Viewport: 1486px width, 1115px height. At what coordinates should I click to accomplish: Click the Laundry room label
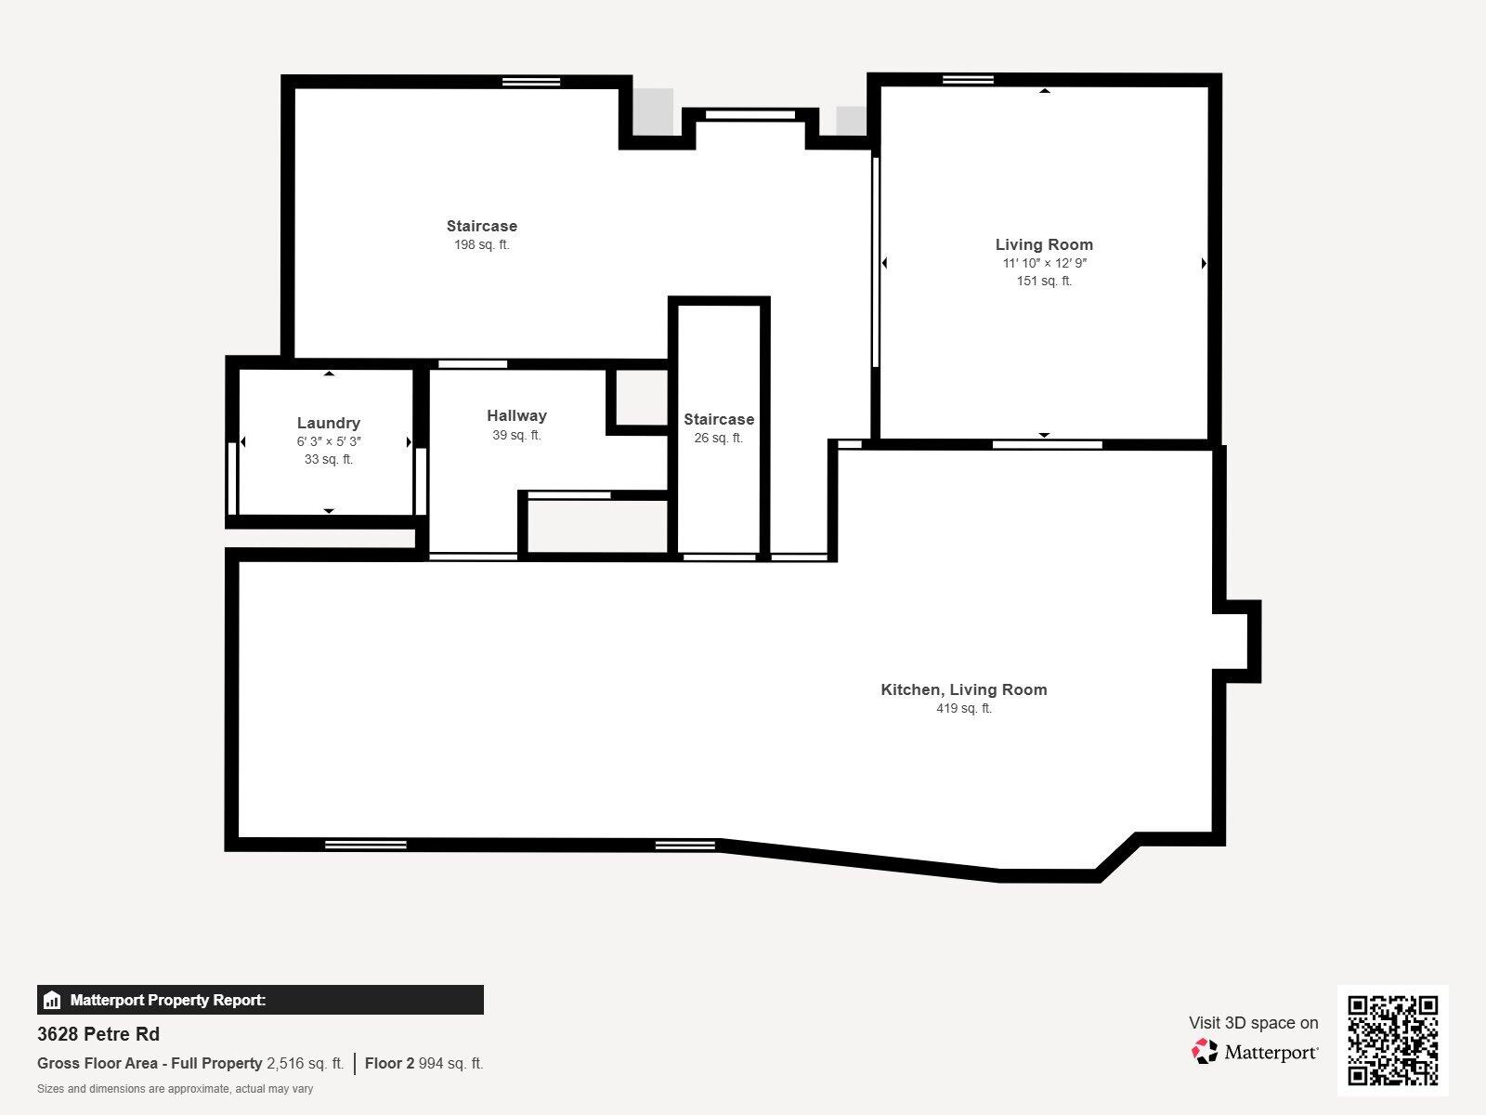click(x=329, y=424)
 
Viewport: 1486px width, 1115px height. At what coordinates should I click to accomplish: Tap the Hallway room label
click(x=516, y=416)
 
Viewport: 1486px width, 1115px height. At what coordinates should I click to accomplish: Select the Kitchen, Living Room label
click(x=963, y=689)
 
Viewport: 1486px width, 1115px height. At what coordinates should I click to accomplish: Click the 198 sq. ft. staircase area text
click(x=481, y=245)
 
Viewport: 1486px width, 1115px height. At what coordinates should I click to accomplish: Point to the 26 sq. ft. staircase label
click(x=718, y=439)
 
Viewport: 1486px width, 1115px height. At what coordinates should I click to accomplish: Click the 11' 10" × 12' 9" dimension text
click(x=1044, y=263)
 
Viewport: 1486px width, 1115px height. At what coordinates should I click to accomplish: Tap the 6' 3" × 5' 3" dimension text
click(x=329, y=442)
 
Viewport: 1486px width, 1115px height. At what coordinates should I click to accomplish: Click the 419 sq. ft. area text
click(x=963, y=709)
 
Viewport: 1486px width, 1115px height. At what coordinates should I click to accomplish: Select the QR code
click(x=1392, y=1040)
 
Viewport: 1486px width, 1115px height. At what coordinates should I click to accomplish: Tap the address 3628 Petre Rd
click(x=98, y=1034)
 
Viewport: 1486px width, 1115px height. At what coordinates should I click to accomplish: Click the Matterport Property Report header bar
click(x=260, y=1000)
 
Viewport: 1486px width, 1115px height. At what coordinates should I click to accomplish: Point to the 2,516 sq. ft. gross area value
click(x=305, y=1064)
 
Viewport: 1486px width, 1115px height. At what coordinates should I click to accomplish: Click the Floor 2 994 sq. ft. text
click(x=424, y=1064)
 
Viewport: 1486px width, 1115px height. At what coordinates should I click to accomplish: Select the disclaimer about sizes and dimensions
click(x=175, y=1089)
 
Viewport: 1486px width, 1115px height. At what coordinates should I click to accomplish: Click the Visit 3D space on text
click(x=1253, y=1023)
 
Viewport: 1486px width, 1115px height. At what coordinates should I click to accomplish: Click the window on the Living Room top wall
click(x=968, y=80)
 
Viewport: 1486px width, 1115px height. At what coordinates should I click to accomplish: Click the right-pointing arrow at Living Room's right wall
click(x=1204, y=264)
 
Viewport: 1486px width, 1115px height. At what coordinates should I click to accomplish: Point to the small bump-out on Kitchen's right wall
click(x=1237, y=641)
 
